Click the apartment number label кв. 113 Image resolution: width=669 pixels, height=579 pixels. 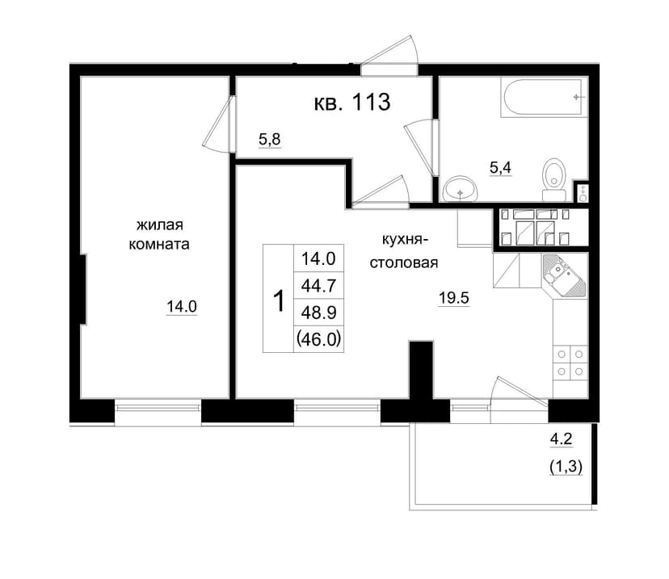tap(352, 103)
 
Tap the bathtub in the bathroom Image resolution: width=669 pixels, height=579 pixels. tap(542, 98)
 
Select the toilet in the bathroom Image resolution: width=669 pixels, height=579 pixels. tap(554, 179)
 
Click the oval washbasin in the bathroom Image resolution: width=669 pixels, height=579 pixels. tap(461, 188)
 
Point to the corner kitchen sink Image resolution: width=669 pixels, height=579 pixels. tap(564, 275)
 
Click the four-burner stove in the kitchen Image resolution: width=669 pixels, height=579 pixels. tap(570, 363)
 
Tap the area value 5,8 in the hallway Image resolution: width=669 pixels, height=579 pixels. tap(270, 139)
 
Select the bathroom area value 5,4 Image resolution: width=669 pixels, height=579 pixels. tap(500, 167)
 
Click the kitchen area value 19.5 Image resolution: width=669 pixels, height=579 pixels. tap(454, 298)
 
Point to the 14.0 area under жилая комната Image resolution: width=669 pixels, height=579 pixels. tap(182, 306)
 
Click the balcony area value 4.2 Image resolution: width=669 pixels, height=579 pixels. tap(561, 438)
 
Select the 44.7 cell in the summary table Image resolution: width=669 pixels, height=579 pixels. tap(318, 285)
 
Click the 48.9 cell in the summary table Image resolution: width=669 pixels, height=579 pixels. tap(318, 313)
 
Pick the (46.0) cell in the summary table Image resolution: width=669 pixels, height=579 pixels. tap(318, 339)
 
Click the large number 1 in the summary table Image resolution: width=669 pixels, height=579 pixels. tap(278, 300)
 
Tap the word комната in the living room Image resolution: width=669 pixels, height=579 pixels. tap(159, 245)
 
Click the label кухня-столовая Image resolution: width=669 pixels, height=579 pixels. tap(404, 252)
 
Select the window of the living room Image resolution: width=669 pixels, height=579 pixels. tap(158, 408)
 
